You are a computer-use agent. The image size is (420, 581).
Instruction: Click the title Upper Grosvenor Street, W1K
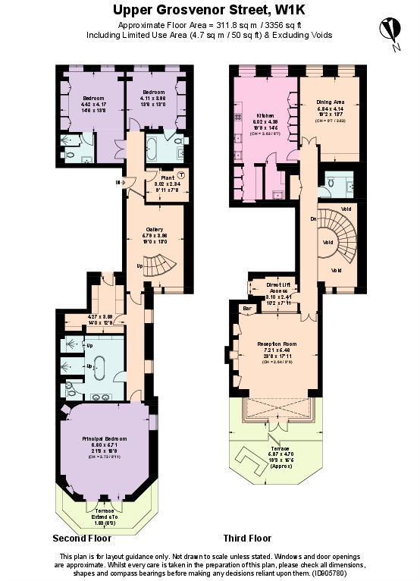pyautogui.click(x=210, y=11)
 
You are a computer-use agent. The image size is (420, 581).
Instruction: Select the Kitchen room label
pyautogui.click(x=264, y=116)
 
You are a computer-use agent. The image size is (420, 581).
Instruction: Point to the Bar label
pyautogui.click(x=246, y=309)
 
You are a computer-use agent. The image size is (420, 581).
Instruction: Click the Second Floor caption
pyautogui.click(x=82, y=539)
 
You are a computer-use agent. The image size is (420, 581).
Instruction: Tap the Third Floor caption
pyautogui.click(x=247, y=539)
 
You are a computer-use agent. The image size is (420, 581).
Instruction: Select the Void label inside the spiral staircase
pyautogui.click(x=328, y=243)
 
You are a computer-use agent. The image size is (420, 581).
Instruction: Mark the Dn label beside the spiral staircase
pyautogui.click(x=312, y=219)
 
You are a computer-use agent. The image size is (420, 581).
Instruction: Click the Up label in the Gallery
pyautogui.click(x=139, y=266)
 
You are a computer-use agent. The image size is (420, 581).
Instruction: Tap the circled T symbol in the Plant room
pyautogui.click(x=180, y=176)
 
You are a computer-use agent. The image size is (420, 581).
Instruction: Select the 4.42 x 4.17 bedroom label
pyautogui.click(x=93, y=103)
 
